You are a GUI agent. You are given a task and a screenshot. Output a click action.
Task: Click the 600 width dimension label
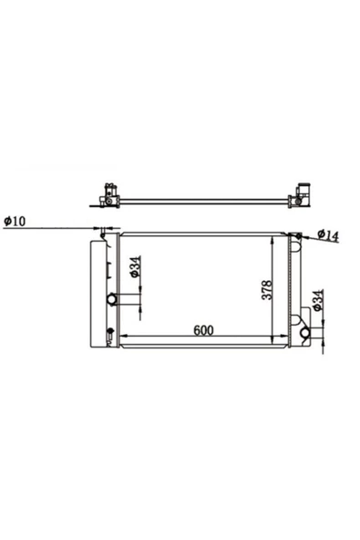point(203,330)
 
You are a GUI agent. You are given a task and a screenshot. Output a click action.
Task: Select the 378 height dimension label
point(267,290)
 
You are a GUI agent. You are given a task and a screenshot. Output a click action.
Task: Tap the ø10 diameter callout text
point(15,221)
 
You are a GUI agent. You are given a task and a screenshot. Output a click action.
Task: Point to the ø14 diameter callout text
point(328,234)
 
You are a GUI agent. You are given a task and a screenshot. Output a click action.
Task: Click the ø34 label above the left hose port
point(135,266)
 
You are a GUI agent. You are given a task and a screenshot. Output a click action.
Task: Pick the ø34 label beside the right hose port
point(318,300)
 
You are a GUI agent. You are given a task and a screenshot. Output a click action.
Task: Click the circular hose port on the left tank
point(112,299)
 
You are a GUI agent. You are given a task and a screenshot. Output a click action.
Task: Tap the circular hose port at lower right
point(305,333)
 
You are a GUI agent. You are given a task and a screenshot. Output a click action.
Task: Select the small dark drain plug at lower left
point(110,330)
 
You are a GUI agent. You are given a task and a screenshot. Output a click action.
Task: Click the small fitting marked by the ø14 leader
point(298,236)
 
